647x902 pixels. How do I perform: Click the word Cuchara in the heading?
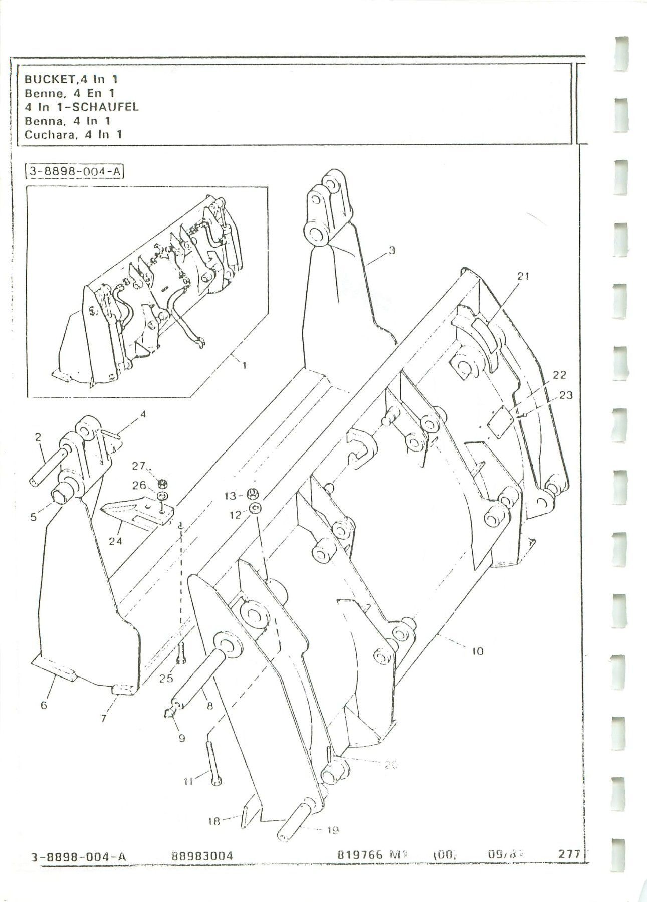(44, 134)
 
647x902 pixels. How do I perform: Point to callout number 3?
(392, 250)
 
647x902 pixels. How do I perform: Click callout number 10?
(477, 651)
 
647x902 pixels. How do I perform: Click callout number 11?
(188, 781)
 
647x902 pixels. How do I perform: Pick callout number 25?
(166, 678)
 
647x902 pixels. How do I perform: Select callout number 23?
(566, 395)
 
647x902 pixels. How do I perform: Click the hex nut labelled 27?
(162, 484)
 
